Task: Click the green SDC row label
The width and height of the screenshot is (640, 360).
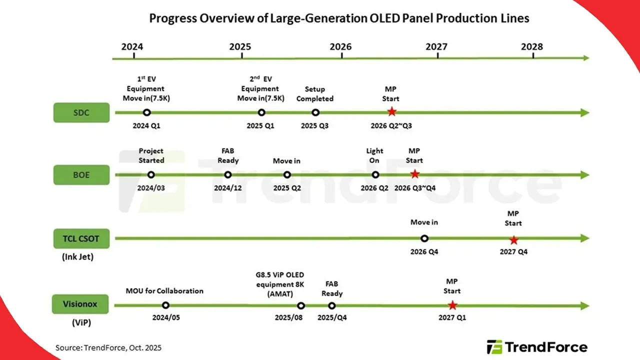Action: tap(81, 112)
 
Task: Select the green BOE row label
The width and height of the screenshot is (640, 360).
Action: tap(81, 175)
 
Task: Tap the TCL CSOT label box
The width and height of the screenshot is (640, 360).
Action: tap(81, 238)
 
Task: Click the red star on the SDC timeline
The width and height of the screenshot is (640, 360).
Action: tap(391, 112)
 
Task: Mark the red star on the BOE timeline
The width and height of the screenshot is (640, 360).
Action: tap(414, 174)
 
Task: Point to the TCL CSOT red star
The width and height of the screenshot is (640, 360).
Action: tap(513, 239)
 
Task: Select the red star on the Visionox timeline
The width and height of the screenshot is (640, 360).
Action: tap(452, 305)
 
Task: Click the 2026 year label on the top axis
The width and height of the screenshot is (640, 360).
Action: tap(340, 47)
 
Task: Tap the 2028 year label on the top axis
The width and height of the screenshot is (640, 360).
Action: tap(531, 47)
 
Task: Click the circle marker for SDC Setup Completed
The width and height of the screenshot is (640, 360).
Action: tap(315, 112)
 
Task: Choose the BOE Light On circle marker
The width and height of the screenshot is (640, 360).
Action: tap(375, 174)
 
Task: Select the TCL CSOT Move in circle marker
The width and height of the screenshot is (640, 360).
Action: tap(424, 238)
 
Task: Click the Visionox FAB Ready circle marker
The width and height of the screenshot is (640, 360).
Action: tap(332, 305)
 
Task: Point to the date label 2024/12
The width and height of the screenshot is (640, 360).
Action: tap(228, 188)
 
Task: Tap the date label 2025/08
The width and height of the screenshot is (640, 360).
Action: tap(289, 318)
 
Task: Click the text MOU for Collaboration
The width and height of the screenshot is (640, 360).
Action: tap(164, 290)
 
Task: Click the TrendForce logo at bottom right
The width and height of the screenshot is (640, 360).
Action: tap(537, 346)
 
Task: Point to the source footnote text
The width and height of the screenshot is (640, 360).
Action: tap(108, 347)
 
